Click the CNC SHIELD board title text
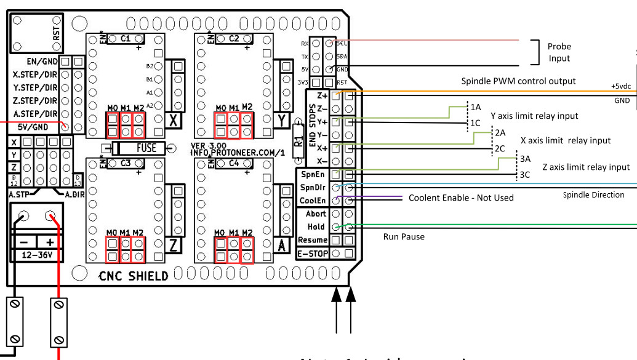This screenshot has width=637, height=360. [x=134, y=276]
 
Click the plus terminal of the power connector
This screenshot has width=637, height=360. [x=50, y=216]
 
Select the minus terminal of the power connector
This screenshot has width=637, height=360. [x=23, y=216]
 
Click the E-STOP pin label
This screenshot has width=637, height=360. [x=312, y=254]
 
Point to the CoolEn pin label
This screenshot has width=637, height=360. [x=312, y=201]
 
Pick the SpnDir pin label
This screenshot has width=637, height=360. [x=312, y=187]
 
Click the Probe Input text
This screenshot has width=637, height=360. [x=559, y=52]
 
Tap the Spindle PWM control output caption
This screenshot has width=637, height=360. [x=518, y=81]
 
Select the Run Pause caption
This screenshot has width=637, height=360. [x=404, y=236]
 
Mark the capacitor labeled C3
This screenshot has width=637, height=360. [x=126, y=163]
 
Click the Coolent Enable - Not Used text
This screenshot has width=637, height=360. [x=460, y=198]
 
